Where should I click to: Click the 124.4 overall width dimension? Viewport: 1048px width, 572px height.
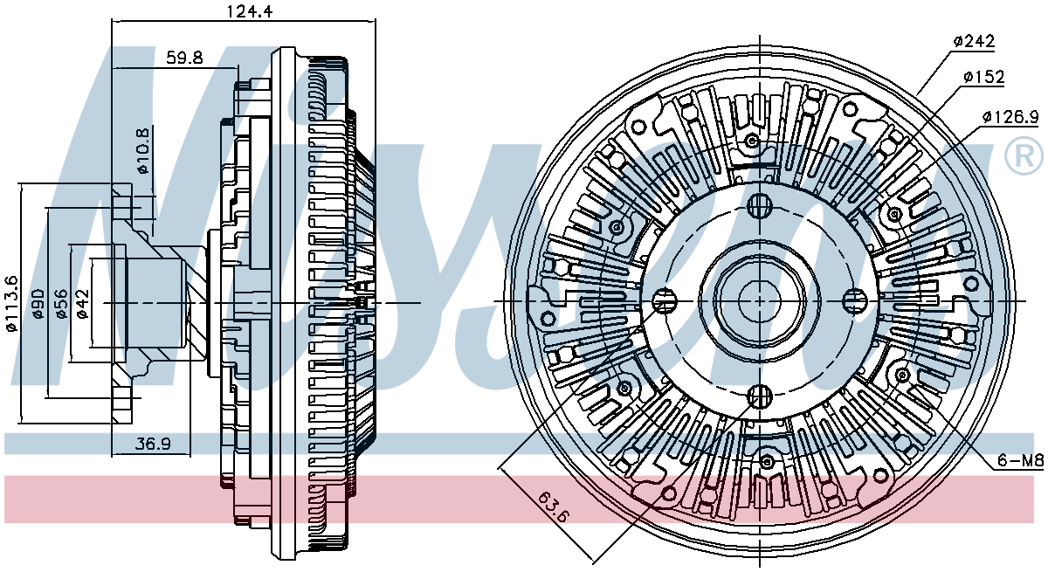tap(250, 10)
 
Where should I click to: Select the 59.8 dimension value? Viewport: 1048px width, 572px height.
tap(184, 58)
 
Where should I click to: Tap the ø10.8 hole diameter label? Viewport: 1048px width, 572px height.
tap(143, 150)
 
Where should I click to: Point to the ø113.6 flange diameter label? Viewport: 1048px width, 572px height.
tap(11, 304)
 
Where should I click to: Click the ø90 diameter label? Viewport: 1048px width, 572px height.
tap(38, 304)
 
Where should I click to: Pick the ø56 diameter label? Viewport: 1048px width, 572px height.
tap(61, 304)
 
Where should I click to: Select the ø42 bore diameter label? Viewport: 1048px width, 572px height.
tap(82, 304)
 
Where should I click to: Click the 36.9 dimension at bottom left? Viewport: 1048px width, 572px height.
tap(153, 444)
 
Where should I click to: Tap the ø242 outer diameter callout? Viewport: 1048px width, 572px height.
tap(974, 42)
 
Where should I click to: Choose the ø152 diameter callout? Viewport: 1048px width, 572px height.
tap(984, 77)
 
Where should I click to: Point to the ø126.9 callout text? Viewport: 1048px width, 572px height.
tap(1010, 116)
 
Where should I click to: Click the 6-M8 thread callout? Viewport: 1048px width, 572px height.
tap(1020, 461)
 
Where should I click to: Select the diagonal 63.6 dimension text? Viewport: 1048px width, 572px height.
tap(554, 507)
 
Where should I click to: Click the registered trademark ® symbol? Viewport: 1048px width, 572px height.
tap(1024, 156)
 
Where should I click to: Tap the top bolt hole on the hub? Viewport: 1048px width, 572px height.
tap(759, 206)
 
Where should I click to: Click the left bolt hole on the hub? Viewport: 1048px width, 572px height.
tap(665, 300)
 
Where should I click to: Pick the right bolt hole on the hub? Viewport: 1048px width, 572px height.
tap(854, 300)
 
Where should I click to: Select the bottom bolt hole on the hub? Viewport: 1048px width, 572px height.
tap(759, 396)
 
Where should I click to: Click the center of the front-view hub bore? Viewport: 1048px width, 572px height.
tap(759, 301)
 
